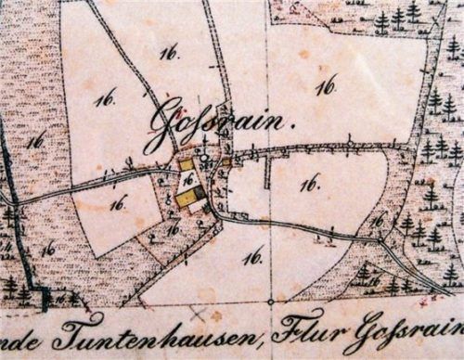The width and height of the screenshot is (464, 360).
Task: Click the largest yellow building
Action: pyautogui.click(x=188, y=198)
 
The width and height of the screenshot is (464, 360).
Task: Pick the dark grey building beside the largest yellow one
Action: pyautogui.click(x=201, y=193)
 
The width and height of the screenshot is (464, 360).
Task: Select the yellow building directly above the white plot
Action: pyautogui.click(x=187, y=164)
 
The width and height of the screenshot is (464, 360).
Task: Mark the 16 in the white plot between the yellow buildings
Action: pyautogui.click(x=188, y=178)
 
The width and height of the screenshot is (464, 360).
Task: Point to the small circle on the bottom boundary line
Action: pyautogui.click(x=271, y=302)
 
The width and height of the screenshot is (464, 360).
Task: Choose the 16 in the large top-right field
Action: pyautogui.click(x=324, y=86)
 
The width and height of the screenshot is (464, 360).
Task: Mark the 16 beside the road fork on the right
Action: pyautogui.click(x=375, y=221)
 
